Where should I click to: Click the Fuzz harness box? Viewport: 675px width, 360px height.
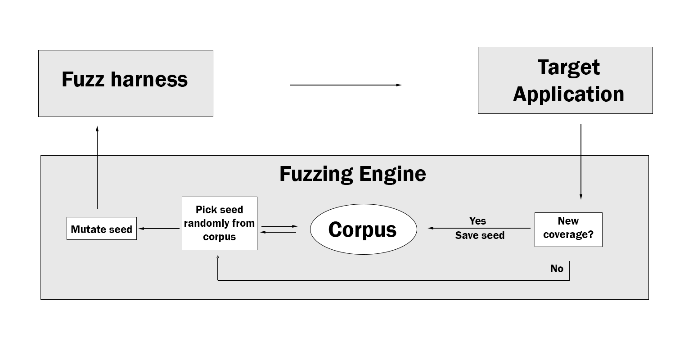126,84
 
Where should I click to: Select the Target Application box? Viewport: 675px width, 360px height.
565,81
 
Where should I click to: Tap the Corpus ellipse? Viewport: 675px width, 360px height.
363,229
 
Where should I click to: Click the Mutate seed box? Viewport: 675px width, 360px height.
102,229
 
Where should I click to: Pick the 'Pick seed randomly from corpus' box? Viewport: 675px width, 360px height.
220,223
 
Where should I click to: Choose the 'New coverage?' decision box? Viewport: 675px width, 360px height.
568,229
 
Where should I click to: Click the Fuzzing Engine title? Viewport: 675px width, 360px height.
352,174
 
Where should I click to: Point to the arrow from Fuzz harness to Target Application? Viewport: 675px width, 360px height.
345,85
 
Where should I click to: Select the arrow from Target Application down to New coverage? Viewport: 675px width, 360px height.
580,162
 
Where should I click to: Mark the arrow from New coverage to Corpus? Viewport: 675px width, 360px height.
479,228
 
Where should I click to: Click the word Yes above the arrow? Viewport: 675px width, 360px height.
477,221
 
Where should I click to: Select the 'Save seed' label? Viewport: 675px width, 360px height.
480,235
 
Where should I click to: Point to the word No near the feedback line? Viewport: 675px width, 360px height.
557,269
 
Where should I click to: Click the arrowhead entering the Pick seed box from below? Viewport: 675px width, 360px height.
218,257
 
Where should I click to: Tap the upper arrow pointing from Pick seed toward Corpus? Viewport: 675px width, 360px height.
279,226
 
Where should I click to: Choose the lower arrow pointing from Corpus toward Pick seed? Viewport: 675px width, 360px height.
279,232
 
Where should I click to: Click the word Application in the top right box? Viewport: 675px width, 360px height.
568,94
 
